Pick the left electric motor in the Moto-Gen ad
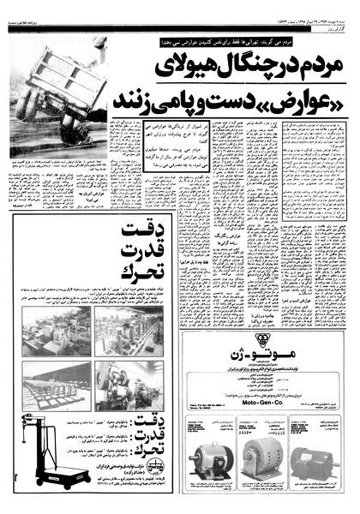pos(207,463)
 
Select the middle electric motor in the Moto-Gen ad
pos(265,463)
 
